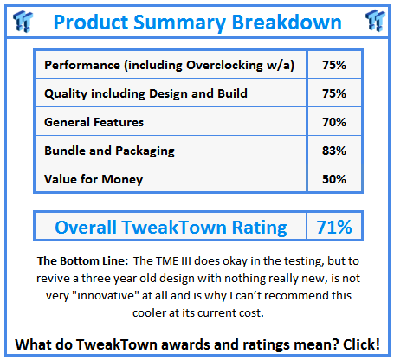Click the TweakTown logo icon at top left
(20, 20)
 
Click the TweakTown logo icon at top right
(374, 20)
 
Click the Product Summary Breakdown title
(197, 21)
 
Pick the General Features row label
(94, 123)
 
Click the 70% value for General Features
(333, 123)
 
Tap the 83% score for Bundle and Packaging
(333, 151)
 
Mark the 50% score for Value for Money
(333, 178)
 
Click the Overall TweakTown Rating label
(171, 228)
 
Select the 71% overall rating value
(333, 228)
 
